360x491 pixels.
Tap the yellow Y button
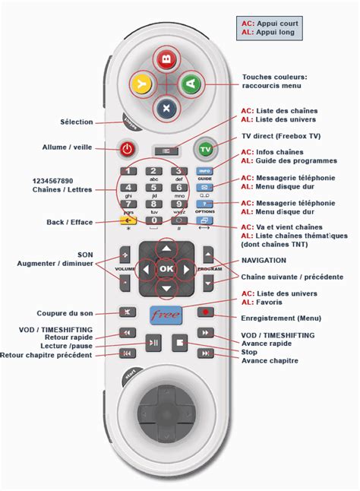(141, 83)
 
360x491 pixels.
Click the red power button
(127, 148)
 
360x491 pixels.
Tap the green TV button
(204, 149)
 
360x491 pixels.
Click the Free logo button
(166, 313)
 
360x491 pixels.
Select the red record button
(204, 312)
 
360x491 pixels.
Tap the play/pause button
(153, 343)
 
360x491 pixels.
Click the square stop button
(179, 343)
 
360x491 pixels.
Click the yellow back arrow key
(127, 221)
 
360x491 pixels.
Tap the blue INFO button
(204, 173)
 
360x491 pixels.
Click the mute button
(127, 312)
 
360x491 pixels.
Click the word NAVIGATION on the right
(264, 260)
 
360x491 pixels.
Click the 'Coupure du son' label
(65, 313)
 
